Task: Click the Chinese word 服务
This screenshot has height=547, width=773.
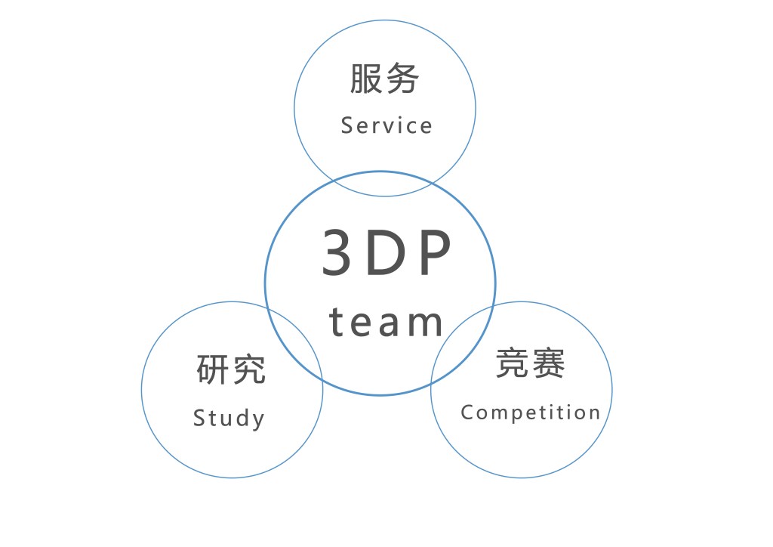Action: [x=384, y=79]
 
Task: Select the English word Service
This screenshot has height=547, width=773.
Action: [x=386, y=125]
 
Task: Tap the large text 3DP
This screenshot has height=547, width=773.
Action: [x=386, y=254]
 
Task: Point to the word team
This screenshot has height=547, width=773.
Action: [x=386, y=322]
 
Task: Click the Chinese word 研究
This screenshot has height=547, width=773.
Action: [x=231, y=369]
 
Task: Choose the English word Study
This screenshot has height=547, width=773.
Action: [x=229, y=419]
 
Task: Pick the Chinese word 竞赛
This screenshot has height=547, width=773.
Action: [x=530, y=365]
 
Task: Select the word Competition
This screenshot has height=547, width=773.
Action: [x=530, y=413]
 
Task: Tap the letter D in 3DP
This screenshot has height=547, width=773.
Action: [x=386, y=254]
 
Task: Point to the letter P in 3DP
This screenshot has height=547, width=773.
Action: [x=435, y=254]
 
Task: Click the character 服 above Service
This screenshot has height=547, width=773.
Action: [x=366, y=79]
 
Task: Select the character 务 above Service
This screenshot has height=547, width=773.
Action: [x=402, y=79]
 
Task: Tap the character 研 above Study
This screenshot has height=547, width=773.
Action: [x=213, y=369]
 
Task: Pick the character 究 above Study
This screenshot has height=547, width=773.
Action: [x=249, y=369]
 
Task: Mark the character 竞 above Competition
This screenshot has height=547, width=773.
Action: [x=512, y=365]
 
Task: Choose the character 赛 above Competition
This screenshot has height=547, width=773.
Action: [x=548, y=365]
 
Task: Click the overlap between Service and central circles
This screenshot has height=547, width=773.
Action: [x=383, y=184]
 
